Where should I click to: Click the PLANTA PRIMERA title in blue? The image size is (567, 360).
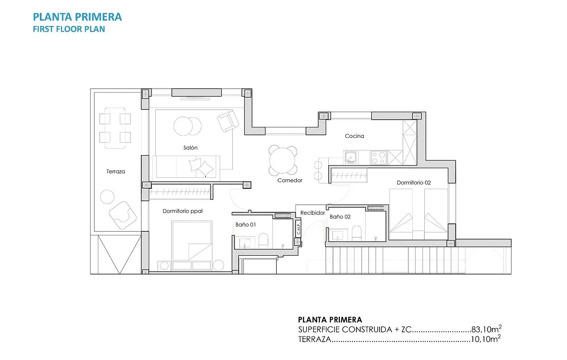pyautogui.click(x=78, y=17)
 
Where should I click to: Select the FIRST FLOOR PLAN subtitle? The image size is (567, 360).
pyautogui.click(x=69, y=29)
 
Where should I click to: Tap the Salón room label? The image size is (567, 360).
pyautogui.click(x=190, y=148)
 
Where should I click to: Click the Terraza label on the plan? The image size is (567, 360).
pyautogui.click(x=115, y=171)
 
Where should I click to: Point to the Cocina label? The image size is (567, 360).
pyautogui.click(x=354, y=136)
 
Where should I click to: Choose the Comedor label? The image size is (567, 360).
pyautogui.click(x=290, y=180)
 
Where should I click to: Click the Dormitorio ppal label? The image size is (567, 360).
pyautogui.click(x=182, y=211)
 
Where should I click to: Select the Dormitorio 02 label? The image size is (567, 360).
pyautogui.click(x=414, y=183)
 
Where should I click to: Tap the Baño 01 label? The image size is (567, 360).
pyautogui.click(x=245, y=224)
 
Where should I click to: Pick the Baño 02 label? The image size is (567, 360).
pyautogui.click(x=340, y=216)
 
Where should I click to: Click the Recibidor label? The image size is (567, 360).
pyautogui.click(x=313, y=213)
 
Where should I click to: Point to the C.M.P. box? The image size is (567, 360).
pyautogui.click(x=299, y=228)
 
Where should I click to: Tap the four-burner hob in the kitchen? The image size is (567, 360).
pyautogui.click(x=379, y=157)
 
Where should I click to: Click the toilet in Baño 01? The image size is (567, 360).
pyautogui.click(x=263, y=240)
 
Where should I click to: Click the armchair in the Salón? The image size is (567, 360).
pyautogui.click(x=228, y=122)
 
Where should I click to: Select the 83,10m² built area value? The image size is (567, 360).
pyautogui.click(x=486, y=330)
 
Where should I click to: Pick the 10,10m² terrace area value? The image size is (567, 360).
pyautogui.click(x=486, y=340)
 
